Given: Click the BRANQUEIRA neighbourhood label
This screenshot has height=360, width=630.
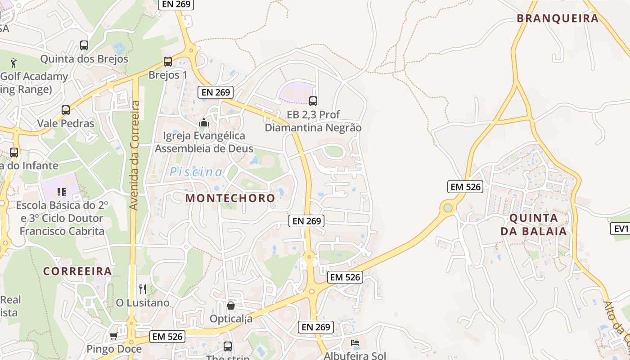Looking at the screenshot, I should coord(558,18).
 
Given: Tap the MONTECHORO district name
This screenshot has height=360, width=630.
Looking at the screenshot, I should coord(230,198).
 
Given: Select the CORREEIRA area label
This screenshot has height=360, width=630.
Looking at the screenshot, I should coord(77,271).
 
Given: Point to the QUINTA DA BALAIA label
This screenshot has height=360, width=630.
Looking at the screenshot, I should coord(537,225).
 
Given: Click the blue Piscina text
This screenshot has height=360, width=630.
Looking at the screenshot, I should coord(196,172).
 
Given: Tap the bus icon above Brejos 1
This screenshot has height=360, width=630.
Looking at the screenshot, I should coord(168,62).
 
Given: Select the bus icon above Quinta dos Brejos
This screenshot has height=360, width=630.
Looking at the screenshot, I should coord(84,45).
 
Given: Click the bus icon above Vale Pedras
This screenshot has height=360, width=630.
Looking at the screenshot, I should coord(66,110).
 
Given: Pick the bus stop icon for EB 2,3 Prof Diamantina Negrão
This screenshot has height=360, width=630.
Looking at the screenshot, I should coord(313,101).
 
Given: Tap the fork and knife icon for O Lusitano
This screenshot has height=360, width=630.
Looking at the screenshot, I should coord(143,289).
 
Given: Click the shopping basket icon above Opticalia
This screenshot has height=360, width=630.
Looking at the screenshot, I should coord(231,306).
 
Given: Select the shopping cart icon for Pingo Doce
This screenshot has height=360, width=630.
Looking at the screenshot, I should coord(114,336).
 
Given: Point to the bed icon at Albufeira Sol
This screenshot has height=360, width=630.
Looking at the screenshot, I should coord(355,343).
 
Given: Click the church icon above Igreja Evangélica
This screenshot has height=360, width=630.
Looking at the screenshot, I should coord(204,122).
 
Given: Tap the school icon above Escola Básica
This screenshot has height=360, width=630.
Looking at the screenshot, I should coord(62,192).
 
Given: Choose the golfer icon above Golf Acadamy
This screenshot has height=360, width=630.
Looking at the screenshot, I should coord(14,63).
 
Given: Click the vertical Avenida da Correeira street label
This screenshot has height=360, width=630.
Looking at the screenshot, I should coord(135,155).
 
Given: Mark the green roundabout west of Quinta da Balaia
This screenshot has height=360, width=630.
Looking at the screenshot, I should coord(448,207).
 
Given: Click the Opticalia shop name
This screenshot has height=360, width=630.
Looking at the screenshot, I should coord(231,319).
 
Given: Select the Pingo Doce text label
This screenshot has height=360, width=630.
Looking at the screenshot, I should coord(114,349).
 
